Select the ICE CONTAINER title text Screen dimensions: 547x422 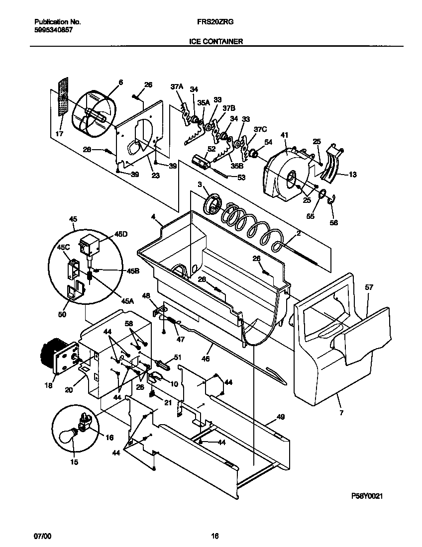pos(216,42)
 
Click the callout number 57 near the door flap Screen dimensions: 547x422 pos(369,287)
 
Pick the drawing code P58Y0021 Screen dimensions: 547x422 pos(369,496)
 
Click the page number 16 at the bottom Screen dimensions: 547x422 pos(215,536)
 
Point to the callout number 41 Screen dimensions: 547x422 pos(285,135)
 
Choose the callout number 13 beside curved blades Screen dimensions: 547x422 pos(352,175)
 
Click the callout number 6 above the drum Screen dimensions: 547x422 pos(120,82)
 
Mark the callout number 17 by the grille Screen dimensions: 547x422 pos(59,134)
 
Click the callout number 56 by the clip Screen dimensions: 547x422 pos(334,223)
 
